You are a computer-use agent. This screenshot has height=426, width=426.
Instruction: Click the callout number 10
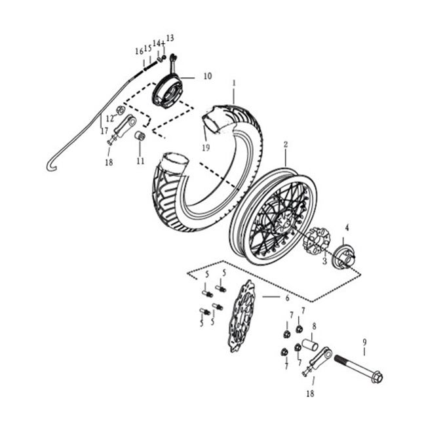coord(208,76)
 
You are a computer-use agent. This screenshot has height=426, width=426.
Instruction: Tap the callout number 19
coord(206,148)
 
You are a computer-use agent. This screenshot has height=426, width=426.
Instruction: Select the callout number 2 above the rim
coord(286,145)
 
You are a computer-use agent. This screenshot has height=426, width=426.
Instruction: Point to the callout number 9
coord(364,341)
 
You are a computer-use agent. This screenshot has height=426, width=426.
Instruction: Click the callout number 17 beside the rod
coord(104,130)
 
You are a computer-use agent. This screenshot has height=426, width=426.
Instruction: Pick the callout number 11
coord(140,161)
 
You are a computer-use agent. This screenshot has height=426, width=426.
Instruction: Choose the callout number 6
coord(288,298)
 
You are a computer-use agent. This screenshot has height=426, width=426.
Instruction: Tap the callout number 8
coord(314,326)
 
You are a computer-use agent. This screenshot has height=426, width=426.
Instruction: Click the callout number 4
coord(347,228)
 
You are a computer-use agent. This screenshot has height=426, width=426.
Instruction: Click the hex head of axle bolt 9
coord(377,377)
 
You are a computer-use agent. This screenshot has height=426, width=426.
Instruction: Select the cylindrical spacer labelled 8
coord(311,345)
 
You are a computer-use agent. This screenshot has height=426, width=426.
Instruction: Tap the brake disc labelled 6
coord(241,316)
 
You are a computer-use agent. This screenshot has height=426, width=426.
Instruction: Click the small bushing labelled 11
coord(140,136)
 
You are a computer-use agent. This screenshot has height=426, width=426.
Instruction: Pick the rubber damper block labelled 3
coord(317,241)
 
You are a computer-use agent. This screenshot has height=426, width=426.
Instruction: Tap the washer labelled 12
coord(121,110)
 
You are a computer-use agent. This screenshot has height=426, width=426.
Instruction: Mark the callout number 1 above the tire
coord(234,83)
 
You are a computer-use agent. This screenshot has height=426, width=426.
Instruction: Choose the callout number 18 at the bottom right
coord(310,393)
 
